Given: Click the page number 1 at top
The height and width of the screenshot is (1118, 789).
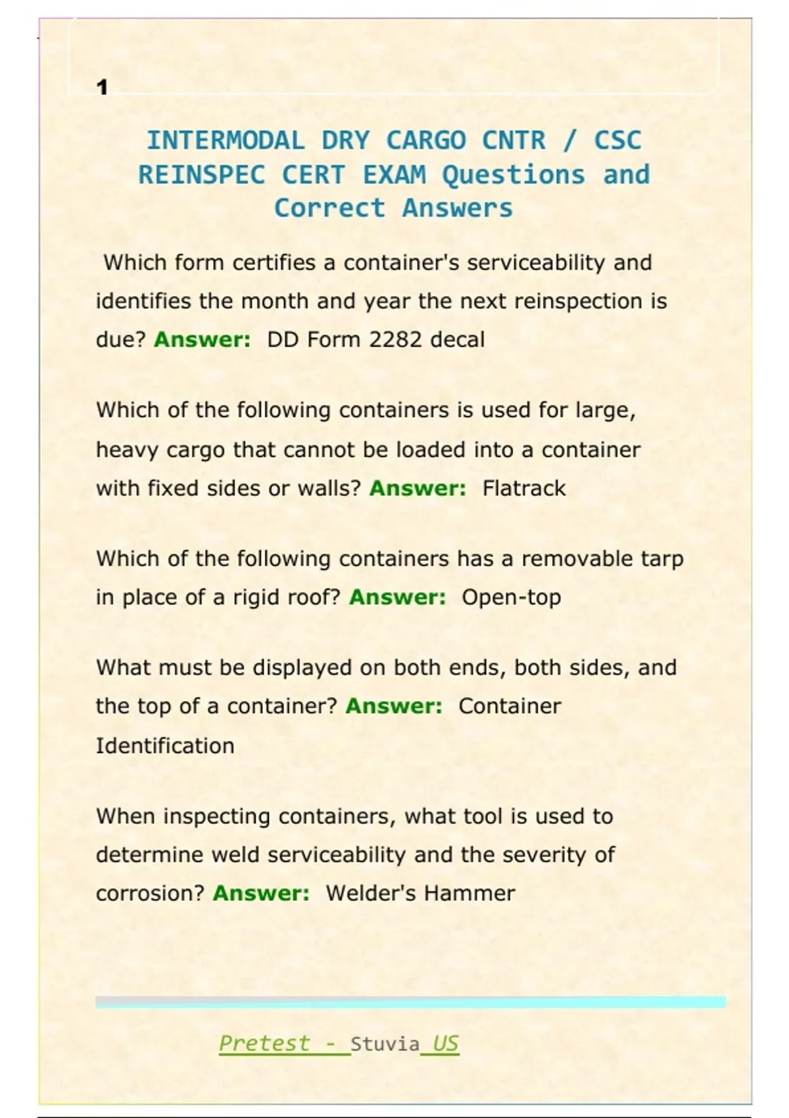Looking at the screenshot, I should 102,87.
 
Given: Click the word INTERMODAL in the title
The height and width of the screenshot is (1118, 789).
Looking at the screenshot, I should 226,140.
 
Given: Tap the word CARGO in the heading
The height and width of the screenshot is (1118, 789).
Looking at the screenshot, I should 426,140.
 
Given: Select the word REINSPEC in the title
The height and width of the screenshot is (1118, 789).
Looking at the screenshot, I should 202,175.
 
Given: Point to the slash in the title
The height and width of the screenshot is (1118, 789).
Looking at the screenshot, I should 569,140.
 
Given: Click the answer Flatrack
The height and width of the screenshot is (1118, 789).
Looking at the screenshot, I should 523,488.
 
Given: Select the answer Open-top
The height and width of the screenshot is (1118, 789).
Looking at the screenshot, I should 511,597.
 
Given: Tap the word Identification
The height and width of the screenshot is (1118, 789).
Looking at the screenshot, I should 165,746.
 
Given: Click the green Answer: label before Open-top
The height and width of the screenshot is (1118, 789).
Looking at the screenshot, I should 397,597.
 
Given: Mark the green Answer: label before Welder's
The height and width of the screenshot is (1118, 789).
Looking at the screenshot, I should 261,893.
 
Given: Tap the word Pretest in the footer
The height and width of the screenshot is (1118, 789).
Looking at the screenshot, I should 264,1043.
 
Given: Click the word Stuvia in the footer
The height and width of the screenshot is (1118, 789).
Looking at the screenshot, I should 385,1044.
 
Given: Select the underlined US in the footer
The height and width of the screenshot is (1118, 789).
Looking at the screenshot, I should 445,1043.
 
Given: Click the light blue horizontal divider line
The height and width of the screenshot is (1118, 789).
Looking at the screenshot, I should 410,1002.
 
